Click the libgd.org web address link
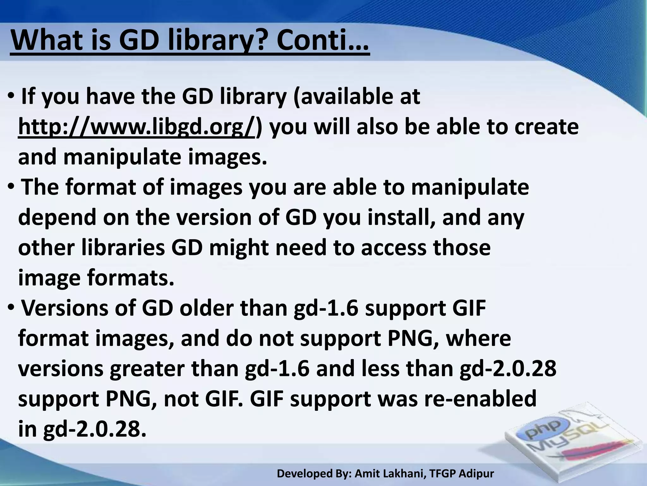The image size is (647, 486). (x=136, y=127)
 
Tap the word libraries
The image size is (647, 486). (x=123, y=248)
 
